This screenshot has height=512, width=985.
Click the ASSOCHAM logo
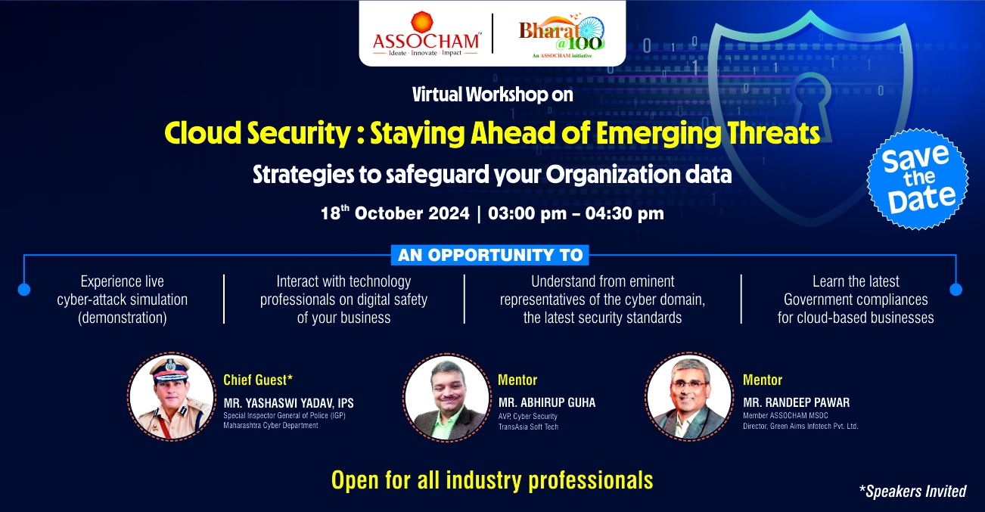426,34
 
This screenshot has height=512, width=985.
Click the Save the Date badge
918,179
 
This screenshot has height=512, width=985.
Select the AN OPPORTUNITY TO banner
490,256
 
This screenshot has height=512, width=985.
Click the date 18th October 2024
395,213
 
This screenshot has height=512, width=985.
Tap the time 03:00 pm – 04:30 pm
576,213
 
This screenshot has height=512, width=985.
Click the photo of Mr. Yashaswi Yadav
172,396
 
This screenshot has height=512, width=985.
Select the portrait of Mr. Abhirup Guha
447,397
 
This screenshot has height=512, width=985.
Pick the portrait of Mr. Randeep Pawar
689,396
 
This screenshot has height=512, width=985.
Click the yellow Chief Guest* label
258,380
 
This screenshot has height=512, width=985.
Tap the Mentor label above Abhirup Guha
517,380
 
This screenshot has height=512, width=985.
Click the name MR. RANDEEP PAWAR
797,402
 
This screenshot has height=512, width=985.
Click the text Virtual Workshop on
492,95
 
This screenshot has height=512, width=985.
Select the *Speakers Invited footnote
913,491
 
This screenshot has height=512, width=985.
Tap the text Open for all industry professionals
492,480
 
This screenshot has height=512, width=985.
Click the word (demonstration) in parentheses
123,318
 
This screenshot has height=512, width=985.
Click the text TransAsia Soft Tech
528,427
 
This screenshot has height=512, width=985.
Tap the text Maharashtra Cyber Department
271,426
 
